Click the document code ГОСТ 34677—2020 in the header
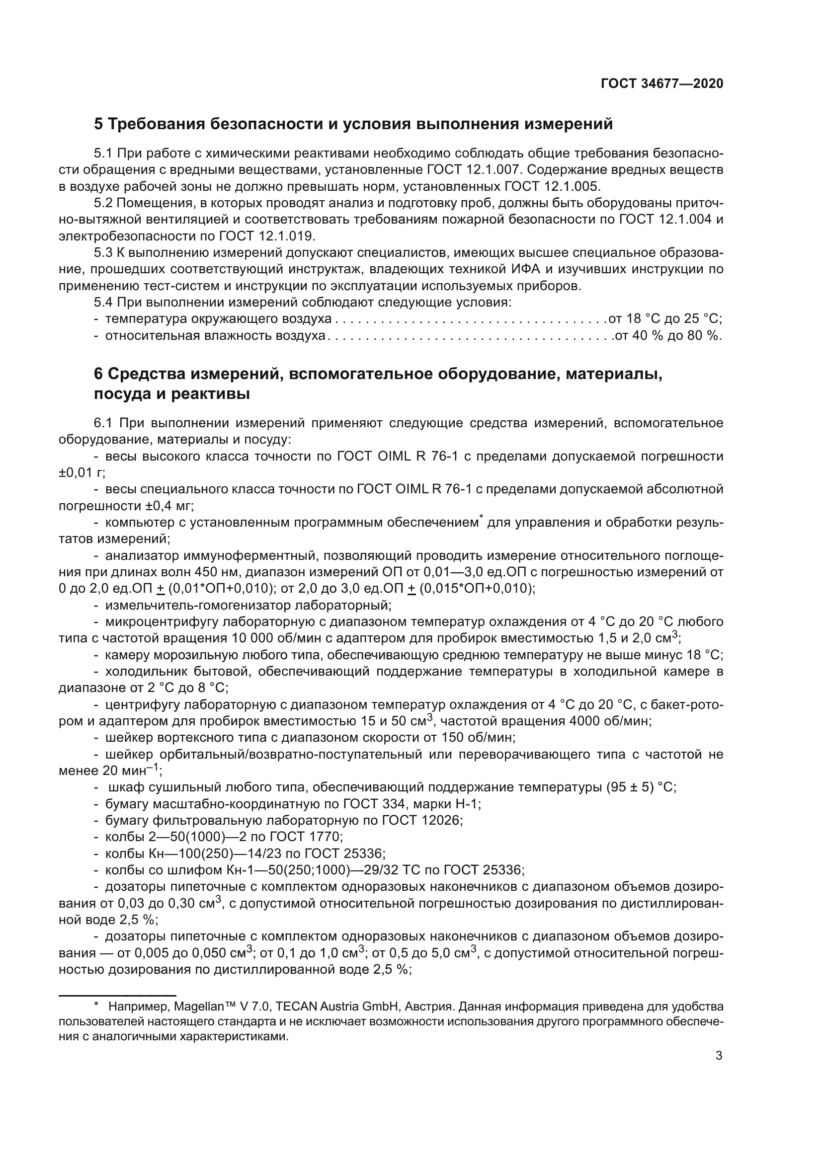(661, 83)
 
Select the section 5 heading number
(99, 124)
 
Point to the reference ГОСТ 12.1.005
(552, 186)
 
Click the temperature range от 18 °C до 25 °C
(664, 319)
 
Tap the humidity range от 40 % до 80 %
(667, 335)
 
